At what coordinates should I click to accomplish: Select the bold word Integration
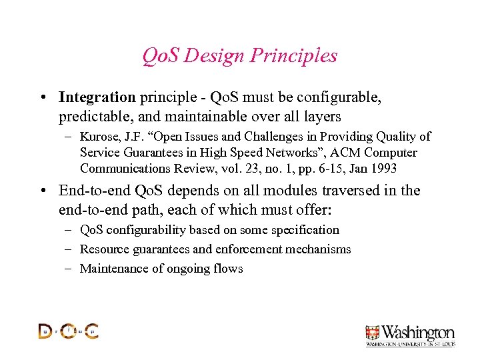[97, 98]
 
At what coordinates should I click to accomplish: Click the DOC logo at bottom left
[68, 331]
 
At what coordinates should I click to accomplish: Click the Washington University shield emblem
[373, 333]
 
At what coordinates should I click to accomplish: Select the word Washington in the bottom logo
[417, 332]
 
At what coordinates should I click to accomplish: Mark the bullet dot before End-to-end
[43, 191]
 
